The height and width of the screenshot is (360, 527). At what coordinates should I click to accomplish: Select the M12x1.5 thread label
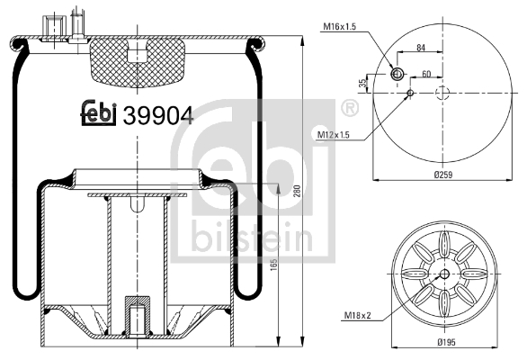[x=333, y=135]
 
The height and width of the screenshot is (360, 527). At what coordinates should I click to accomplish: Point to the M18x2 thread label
[x=357, y=315]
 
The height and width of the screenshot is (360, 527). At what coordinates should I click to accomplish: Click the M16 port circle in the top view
[x=396, y=74]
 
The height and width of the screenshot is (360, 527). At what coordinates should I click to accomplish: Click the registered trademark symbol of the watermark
[x=347, y=110]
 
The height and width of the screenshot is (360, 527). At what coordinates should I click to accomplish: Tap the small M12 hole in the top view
[x=410, y=93]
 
